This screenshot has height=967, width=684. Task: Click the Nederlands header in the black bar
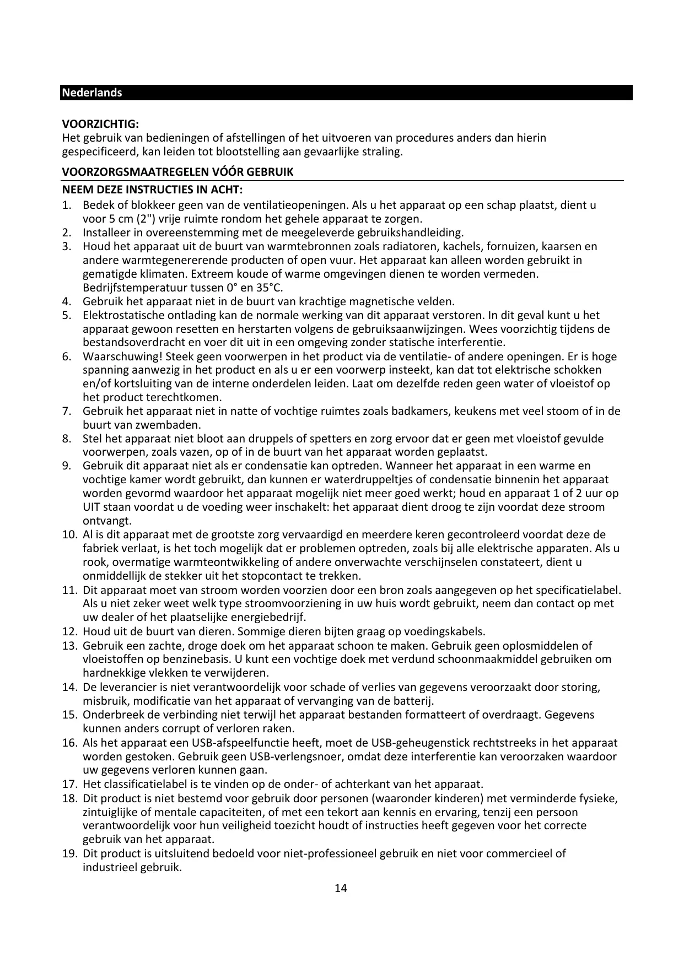(91, 93)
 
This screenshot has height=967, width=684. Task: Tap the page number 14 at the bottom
(341, 888)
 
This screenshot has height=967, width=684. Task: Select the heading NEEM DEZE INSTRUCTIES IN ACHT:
(152, 191)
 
